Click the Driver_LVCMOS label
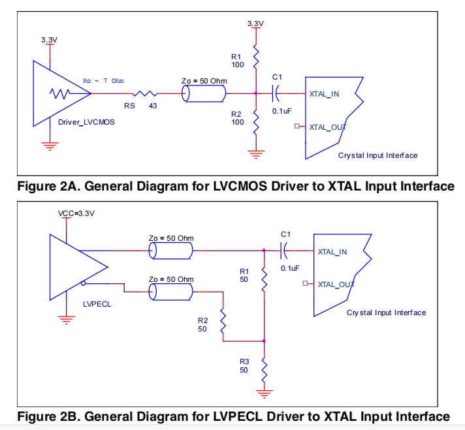86,122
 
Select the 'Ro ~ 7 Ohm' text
104,81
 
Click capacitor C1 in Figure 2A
278,93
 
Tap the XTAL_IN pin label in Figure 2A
324,94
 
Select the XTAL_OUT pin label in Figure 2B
336,284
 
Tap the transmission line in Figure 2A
204,94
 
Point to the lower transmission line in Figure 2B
170,293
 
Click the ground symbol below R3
264,393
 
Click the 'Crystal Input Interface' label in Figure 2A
377,155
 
